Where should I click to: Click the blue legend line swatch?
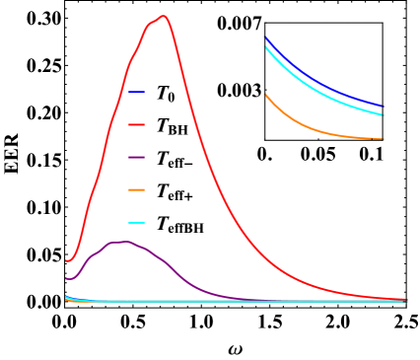tap(136, 92)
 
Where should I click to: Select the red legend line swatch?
tap(136, 124)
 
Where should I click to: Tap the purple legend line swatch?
tap(136, 157)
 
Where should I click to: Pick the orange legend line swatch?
tap(136, 189)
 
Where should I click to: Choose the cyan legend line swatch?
tap(136, 222)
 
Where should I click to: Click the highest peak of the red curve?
tap(163, 16)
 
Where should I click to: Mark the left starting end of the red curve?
tap(66, 260)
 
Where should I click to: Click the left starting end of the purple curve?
tap(66, 278)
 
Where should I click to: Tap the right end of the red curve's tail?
tap(405, 299)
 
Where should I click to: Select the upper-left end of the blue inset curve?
tap(266, 38)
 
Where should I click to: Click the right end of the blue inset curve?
tap(383, 107)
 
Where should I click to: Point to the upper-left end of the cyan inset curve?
tap(266, 47)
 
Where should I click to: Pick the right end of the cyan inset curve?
tap(383, 115)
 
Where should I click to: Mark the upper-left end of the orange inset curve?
tap(266, 95)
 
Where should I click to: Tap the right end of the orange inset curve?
tap(383, 139)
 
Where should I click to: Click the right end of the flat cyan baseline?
tap(405, 301)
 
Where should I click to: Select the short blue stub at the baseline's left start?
tap(67, 297)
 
